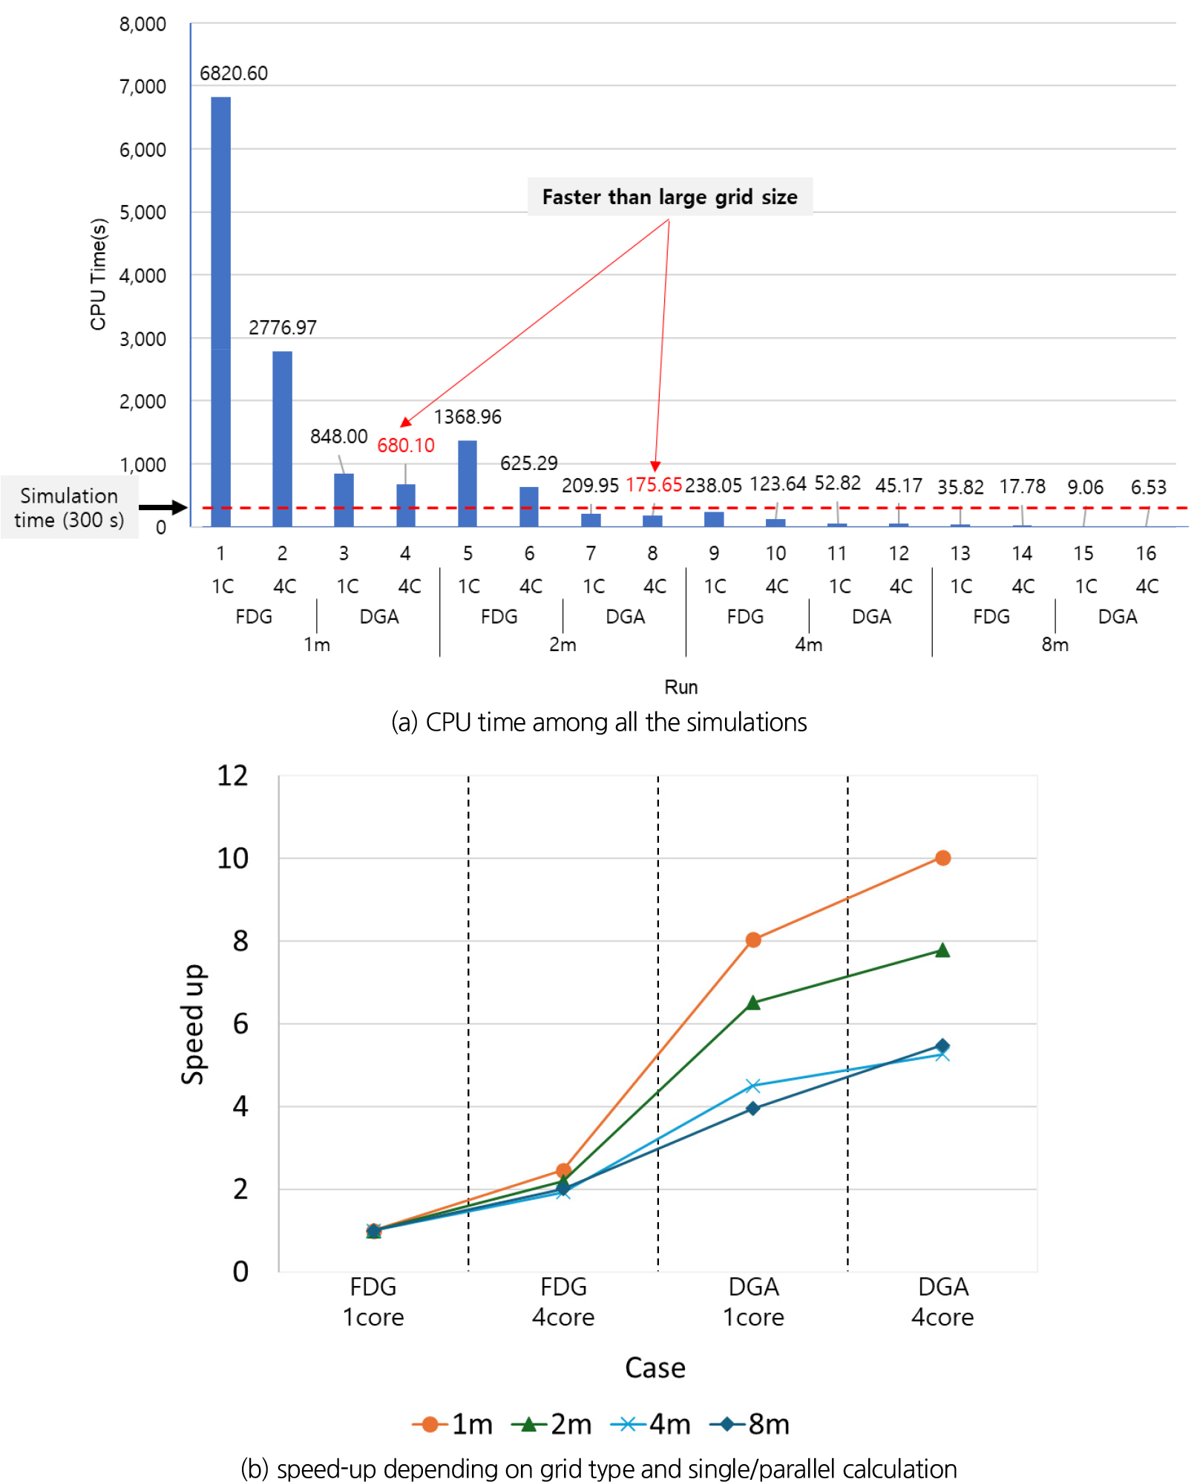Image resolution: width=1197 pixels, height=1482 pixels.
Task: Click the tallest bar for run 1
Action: [220, 312]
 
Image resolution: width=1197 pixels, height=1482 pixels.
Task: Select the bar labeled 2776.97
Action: [282, 438]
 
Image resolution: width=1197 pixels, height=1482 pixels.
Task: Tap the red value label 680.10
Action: [405, 445]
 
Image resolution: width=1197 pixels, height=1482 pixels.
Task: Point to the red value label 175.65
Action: [653, 485]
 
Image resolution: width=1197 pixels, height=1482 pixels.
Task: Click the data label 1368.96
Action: [468, 417]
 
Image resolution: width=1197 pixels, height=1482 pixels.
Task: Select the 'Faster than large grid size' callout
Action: [669, 197]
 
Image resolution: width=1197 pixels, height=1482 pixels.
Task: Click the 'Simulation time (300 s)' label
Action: [69, 508]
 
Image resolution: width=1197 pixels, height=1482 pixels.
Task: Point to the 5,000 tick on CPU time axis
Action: [142, 213]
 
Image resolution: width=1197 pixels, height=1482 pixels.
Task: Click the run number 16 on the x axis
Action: [1145, 553]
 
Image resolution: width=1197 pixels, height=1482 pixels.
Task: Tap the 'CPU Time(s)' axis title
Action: [99, 274]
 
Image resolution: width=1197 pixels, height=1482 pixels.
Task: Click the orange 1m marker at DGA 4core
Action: [942, 858]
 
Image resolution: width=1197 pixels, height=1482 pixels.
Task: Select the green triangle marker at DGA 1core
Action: [753, 1003]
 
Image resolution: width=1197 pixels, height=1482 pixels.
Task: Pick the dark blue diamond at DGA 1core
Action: [753, 1109]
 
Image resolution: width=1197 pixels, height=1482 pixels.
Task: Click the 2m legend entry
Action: [552, 1424]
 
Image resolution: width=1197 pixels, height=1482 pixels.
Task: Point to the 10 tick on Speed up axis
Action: [232, 859]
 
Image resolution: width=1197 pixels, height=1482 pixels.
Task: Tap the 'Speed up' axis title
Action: [193, 1024]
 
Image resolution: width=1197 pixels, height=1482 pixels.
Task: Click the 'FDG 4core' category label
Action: [563, 1302]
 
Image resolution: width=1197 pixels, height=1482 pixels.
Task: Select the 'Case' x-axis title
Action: [655, 1368]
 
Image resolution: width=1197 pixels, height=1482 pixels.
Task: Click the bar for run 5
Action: [468, 483]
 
